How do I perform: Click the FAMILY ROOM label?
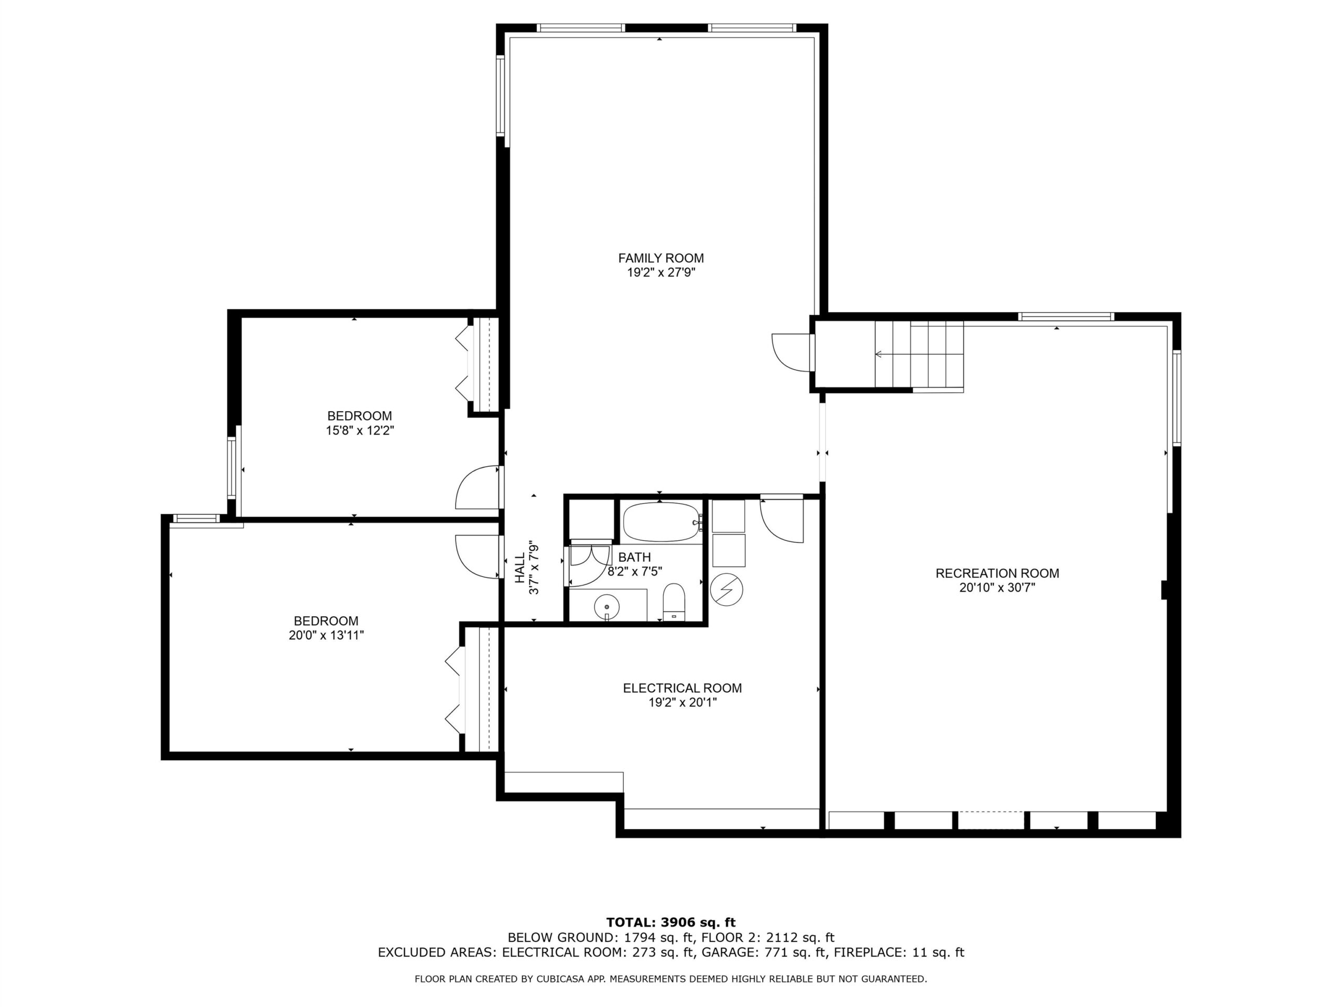pyautogui.click(x=661, y=258)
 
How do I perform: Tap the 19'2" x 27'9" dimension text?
pyautogui.click(x=661, y=273)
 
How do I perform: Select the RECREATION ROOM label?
pyautogui.click(x=997, y=573)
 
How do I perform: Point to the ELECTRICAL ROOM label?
pyautogui.click(x=682, y=688)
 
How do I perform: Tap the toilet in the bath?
pyautogui.click(x=674, y=602)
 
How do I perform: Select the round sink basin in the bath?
pyautogui.click(x=606, y=606)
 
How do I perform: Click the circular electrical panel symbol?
pyautogui.click(x=726, y=590)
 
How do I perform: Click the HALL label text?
pyautogui.click(x=520, y=568)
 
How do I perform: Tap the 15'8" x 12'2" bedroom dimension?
pyautogui.click(x=360, y=431)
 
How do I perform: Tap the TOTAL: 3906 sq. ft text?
pyautogui.click(x=670, y=923)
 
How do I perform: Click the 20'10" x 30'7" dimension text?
pyautogui.click(x=997, y=587)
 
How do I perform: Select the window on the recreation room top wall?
pyautogui.click(x=1066, y=316)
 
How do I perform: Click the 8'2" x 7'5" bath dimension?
pyautogui.click(x=635, y=571)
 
